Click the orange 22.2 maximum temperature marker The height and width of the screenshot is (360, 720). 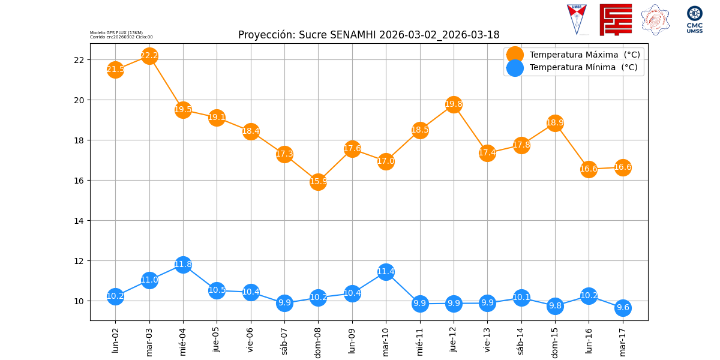pos(149,56)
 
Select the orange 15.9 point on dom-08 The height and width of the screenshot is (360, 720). pos(318,182)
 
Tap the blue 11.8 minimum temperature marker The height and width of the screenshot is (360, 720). pos(183,265)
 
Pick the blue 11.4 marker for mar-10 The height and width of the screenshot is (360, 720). pos(386,272)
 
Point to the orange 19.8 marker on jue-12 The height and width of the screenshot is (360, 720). pos(454,104)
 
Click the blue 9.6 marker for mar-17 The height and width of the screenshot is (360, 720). pos(623,308)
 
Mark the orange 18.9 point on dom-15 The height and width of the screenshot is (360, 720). pos(555,123)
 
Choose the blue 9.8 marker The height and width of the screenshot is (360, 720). pos(555,306)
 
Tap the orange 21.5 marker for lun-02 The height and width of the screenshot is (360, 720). pos(115,70)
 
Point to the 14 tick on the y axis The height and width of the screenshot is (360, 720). pos(80,221)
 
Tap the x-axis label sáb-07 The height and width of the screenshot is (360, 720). pos(284,341)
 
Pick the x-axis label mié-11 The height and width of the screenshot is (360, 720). pos(420,342)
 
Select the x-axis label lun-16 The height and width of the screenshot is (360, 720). pos(589,341)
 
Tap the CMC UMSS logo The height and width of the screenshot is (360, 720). pos(695,19)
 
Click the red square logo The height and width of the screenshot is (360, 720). pos(616,19)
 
